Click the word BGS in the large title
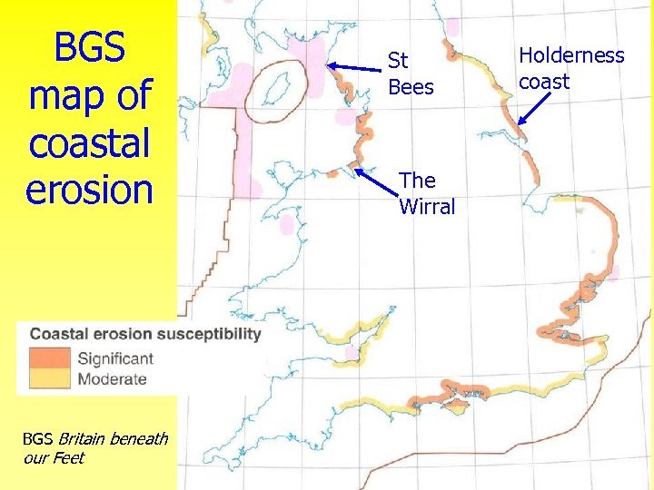89,47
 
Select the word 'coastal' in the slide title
89,142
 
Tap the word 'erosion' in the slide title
89,189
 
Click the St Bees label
411,74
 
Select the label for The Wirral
426,194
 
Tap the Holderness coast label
571,68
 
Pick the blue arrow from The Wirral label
374,177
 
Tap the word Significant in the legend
115,358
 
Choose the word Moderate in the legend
112,379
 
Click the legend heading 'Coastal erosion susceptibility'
145,333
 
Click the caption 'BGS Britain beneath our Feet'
94,448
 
